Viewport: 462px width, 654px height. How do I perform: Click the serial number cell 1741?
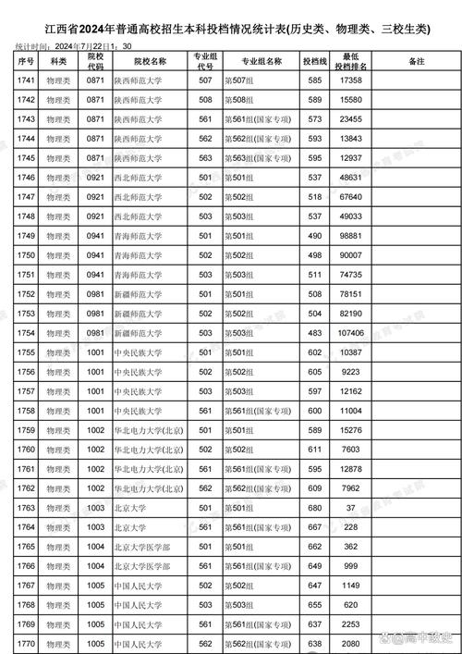[x=26, y=81]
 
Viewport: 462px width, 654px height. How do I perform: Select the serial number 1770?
[x=26, y=643]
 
